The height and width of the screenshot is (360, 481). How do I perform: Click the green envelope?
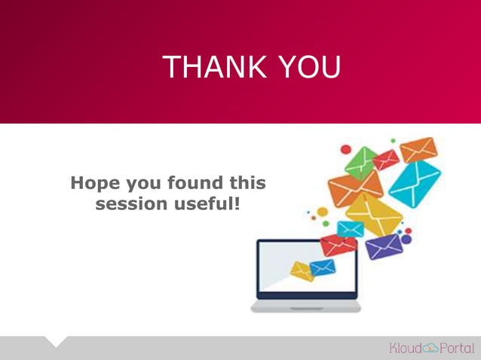click(360, 160)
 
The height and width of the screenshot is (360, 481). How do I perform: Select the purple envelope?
click(384, 245)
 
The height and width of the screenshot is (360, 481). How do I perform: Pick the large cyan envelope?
click(414, 183)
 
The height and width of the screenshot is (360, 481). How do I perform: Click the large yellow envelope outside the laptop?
click(373, 213)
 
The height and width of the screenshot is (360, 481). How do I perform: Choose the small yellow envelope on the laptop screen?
click(302, 271)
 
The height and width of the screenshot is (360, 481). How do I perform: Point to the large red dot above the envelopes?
click(346, 149)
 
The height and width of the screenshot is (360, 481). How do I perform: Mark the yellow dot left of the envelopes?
click(322, 212)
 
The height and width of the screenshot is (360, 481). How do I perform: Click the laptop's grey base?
click(305, 307)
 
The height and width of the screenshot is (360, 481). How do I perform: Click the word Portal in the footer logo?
click(457, 348)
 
